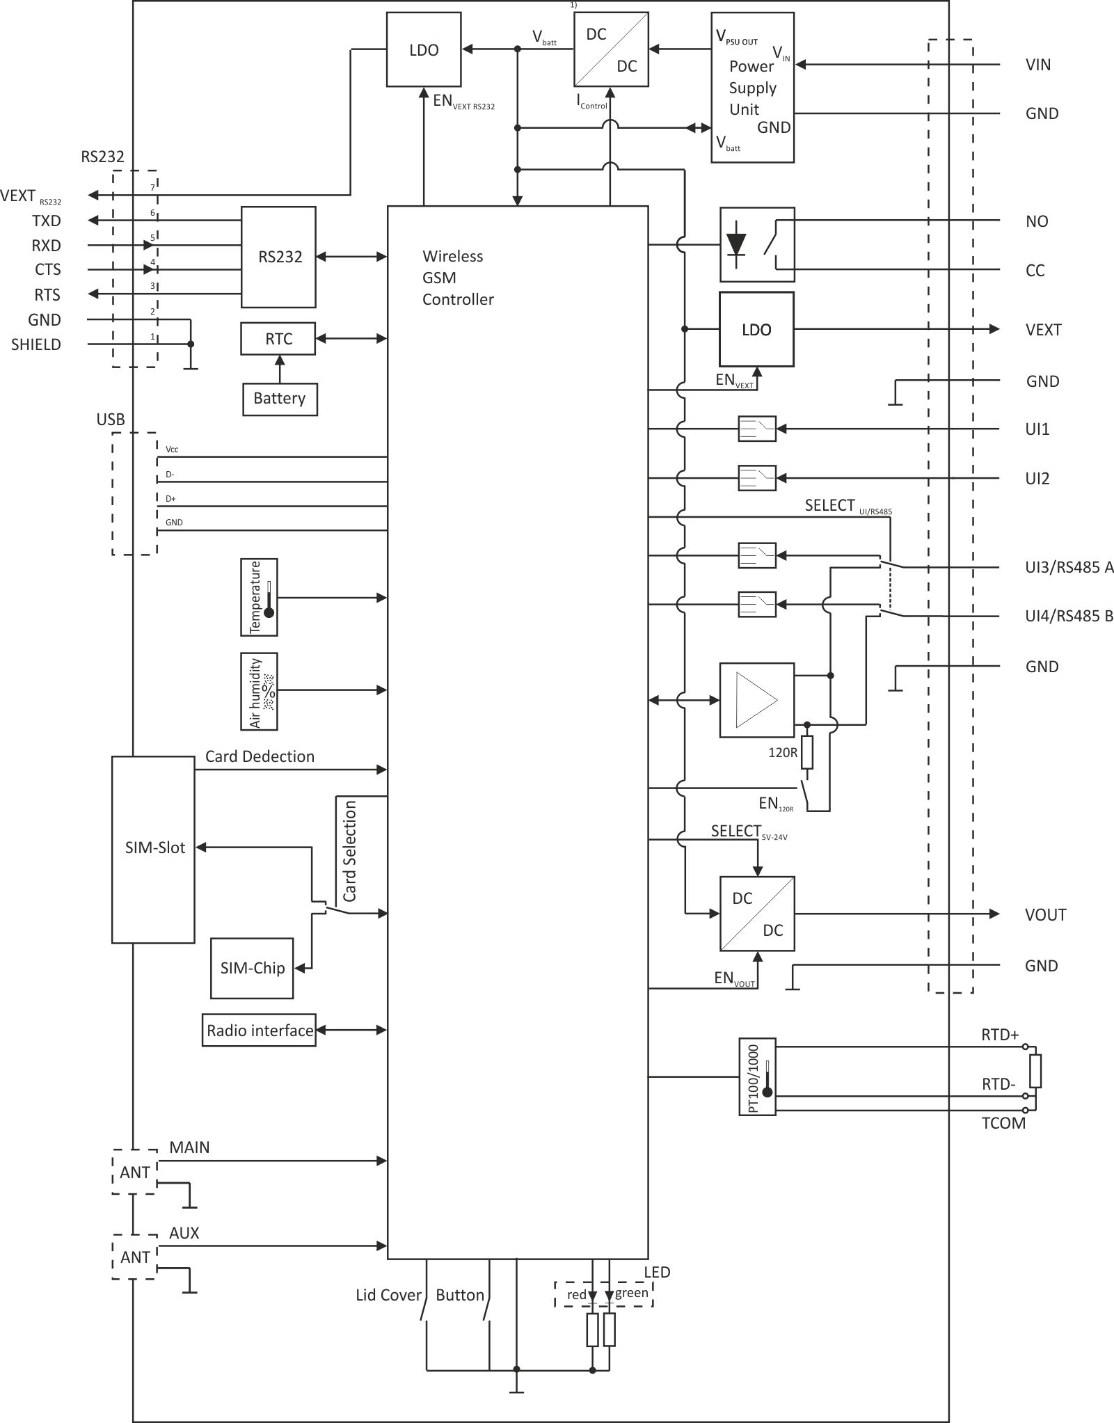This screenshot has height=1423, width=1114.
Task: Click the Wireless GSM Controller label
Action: [458, 278]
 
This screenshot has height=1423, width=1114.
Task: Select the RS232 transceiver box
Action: [278, 257]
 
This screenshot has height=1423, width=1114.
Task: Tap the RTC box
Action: [278, 338]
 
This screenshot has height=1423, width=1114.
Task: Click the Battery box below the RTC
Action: [280, 399]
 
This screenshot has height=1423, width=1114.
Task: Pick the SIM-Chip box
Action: [252, 968]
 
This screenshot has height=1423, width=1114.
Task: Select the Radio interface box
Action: [260, 1031]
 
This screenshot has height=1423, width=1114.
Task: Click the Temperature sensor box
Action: [259, 597]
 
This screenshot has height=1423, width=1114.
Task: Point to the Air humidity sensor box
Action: [259, 691]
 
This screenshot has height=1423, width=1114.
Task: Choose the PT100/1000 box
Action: [757, 1077]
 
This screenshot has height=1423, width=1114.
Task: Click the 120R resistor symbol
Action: [807, 753]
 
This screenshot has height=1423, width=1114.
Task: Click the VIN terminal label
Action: [1038, 65]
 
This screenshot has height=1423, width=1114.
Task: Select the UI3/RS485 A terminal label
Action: [1069, 567]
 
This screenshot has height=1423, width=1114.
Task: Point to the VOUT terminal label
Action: [1045, 914]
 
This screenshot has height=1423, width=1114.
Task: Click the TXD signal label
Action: [47, 221]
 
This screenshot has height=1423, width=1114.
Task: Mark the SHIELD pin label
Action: [36, 344]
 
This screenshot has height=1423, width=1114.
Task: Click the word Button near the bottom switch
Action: [460, 1295]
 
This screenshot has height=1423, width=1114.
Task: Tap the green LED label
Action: [632, 1293]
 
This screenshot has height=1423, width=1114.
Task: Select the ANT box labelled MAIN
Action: [135, 1172]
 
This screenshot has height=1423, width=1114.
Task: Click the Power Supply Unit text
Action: [752, 88]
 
